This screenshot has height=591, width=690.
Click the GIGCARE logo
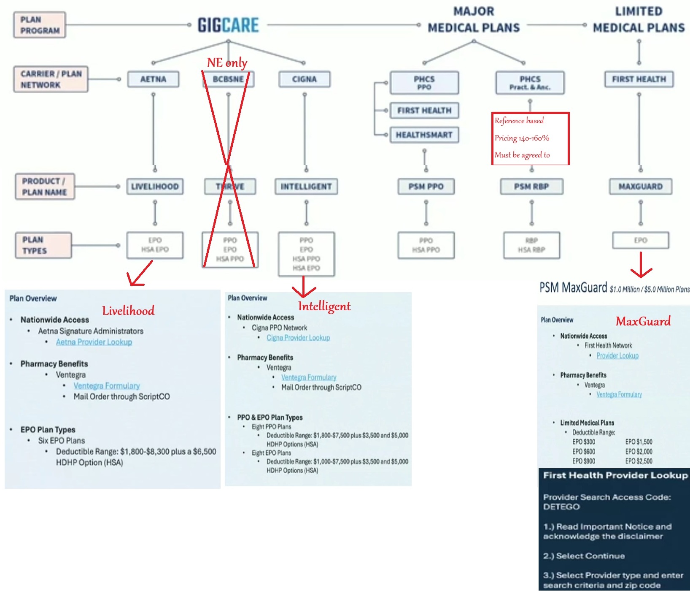228,25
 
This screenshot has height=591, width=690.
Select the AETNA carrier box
153,79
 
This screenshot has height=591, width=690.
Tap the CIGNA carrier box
304,79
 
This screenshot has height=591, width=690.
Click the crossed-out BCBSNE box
228,79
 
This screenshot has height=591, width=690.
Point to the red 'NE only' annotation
227,62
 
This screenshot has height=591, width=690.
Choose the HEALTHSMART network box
424,135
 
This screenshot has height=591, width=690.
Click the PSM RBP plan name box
531,187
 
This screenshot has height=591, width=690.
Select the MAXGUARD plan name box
640,187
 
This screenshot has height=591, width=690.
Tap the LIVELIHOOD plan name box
155,187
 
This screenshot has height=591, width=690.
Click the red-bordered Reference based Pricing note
530,138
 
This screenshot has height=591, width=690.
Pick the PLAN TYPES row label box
43,245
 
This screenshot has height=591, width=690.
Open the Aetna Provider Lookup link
94,342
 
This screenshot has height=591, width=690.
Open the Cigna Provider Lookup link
298,338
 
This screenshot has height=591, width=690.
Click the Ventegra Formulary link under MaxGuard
619,395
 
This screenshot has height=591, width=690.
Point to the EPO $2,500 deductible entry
639,461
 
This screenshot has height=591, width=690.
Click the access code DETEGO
561,507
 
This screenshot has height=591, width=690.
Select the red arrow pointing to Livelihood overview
140,274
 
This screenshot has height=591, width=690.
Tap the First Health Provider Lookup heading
615,475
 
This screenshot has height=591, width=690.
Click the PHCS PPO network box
424,83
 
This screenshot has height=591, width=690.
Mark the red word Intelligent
324,306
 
